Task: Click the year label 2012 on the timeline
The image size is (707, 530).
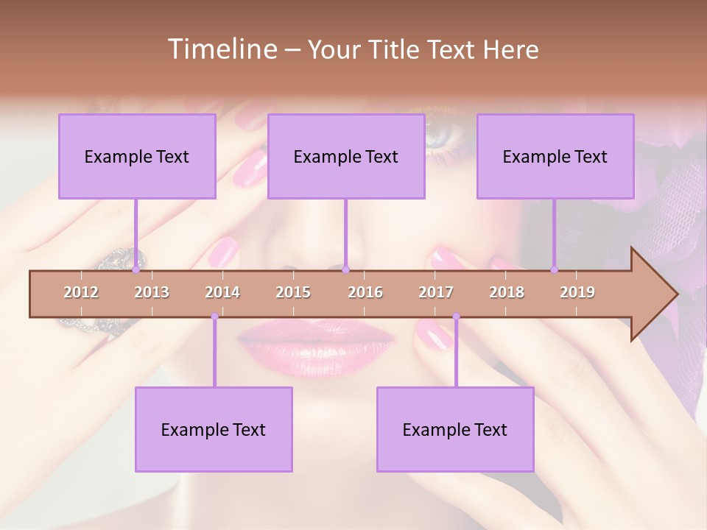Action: tap(81, 292)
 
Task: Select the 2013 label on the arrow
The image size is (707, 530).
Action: tap(152, 292)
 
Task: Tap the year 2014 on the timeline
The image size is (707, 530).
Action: tap(222, 292)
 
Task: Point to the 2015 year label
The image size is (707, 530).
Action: tap(293, 292)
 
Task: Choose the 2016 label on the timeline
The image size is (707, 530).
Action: tap(365, 292)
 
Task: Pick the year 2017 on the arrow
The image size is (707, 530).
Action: tap(436, 292)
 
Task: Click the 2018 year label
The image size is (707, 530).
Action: tap(507, 292)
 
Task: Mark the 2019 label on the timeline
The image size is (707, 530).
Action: tap(577, 292)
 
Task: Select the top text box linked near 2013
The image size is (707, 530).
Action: tap(137, 156)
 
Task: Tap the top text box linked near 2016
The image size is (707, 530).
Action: tap(346, 156)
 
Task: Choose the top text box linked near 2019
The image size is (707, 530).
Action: tap(555, 156)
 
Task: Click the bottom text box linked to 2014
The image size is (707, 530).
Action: tap(214, 429)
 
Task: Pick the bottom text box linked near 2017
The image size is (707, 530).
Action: tap(455, 429)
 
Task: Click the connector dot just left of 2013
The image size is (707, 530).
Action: tap(136, 269)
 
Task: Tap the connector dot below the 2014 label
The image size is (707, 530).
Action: tap(214, 317)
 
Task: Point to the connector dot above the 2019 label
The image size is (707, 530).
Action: tap(555, 269)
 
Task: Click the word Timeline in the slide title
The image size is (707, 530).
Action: tap(221, 49)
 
